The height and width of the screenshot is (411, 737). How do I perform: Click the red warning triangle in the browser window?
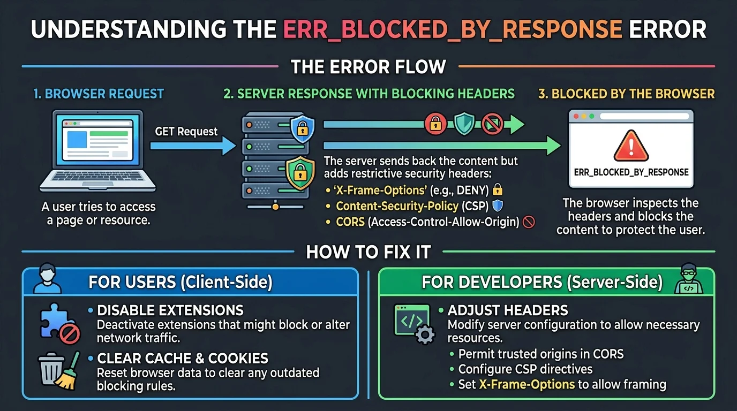click(x=631, y=146)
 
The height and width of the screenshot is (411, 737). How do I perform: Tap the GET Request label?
click(x=186, y=132)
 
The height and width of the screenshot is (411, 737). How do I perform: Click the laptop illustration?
click(x=97, y=151)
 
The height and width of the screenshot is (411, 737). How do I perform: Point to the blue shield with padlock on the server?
click(x=302, y=128)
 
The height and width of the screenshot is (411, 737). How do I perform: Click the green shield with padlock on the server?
click(x=300, y=173)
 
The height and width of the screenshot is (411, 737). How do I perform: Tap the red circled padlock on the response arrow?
click(x=435, y=124)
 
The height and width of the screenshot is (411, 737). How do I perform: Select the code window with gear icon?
click(x=414, y=324)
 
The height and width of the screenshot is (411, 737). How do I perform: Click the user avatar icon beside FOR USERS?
click(x=47, y=278)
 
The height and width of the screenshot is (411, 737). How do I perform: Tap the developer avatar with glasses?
click(x=689, y=278)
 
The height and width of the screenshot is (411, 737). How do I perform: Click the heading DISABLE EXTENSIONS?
click(x=170, y=310)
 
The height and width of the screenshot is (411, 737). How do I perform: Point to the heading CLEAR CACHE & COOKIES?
click(x=183, y=359)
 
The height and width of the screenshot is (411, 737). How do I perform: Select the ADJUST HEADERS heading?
click(x=508, y=310)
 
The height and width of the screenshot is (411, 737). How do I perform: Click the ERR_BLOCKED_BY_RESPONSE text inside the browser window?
click(x=631, y=172)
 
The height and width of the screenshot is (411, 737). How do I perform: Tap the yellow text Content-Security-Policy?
click(x=397, y=206)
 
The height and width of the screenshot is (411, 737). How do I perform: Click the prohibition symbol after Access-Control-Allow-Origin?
click(x=529, y=222)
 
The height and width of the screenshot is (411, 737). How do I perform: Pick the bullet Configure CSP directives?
click(x=525, y=369)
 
